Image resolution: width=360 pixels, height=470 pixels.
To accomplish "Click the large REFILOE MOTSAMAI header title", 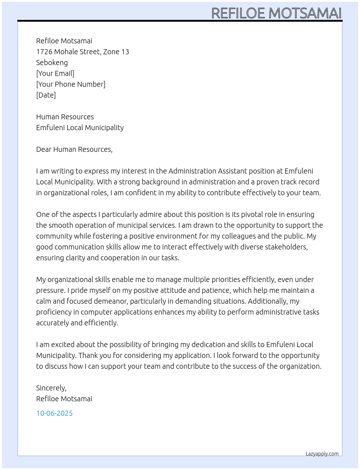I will (x=276, y=13).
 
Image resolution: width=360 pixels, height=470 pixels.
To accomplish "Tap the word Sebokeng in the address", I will (x=52, y=63).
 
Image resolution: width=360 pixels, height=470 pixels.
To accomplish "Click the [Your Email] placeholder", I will (x=55, y=73).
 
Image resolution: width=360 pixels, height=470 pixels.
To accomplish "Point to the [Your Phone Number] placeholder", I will (x=71, y=84).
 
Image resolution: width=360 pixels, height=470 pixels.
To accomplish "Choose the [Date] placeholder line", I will (x=46, y=95).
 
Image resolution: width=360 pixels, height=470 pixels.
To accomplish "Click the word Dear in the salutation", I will (x=44, y=149).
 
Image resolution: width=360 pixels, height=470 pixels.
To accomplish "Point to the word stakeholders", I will (x=287, y=247).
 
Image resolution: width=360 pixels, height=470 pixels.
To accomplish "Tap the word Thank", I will (x=87, y=355).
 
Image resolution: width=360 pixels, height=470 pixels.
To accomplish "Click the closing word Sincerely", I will (x=51, y=388).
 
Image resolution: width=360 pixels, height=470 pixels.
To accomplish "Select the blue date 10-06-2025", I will (x=55, y=413).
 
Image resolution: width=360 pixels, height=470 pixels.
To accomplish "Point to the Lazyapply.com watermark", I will (x=322, y=454).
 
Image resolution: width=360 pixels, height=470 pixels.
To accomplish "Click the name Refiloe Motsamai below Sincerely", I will (x=64, y=399).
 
